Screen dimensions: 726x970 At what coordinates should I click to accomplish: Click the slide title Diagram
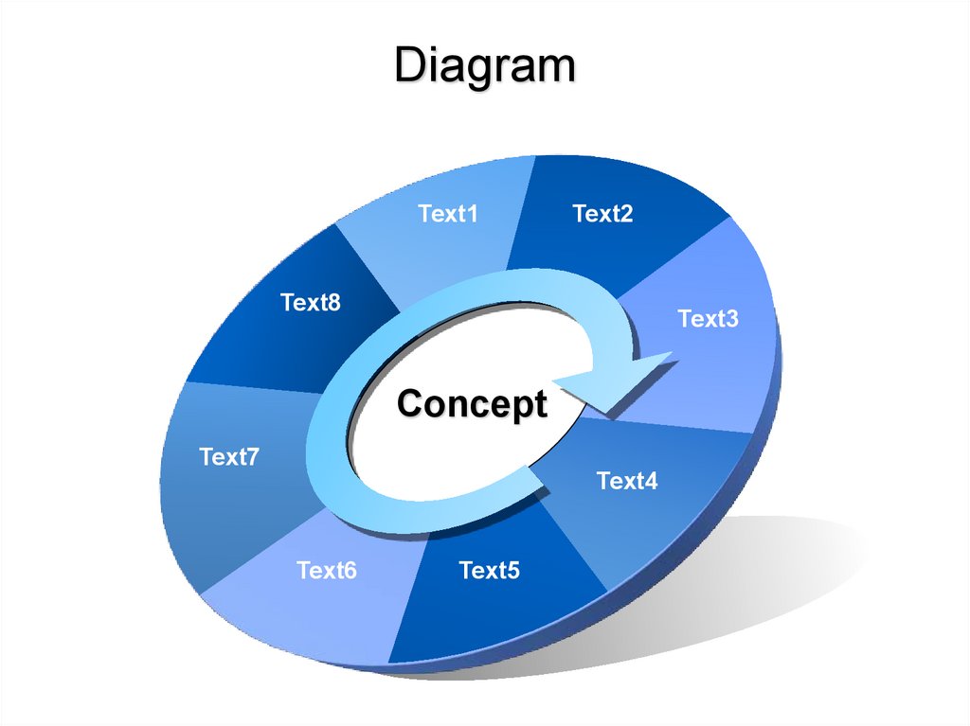coord(484,67)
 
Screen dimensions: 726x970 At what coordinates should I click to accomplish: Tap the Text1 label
coord(448,214)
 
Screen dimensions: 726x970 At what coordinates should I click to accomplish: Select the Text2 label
coord(602,214)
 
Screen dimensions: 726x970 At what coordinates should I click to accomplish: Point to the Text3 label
coord(708,319)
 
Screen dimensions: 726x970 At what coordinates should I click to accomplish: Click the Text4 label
coord(627,481)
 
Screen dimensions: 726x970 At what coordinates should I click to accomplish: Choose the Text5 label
coord(489,571)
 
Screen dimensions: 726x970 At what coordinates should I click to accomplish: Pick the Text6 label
coord(327,571)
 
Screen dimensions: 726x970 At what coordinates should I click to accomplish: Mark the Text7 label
coord(229,457)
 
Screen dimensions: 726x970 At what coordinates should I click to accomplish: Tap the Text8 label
coord(310,303)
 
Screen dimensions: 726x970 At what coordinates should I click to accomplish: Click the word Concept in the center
coord(472,404)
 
